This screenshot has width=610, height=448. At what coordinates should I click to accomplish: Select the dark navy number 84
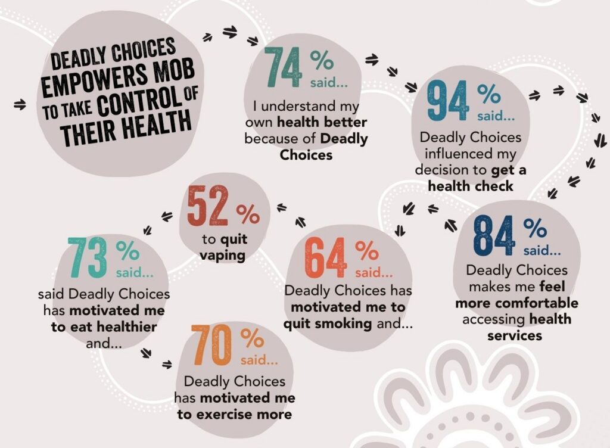[x=494, y=235]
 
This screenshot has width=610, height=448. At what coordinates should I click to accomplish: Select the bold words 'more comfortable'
[x=516, y=303]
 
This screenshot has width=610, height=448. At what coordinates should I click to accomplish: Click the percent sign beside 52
[x=248, y=213]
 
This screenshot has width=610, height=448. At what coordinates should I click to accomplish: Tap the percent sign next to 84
[x=535, y=227]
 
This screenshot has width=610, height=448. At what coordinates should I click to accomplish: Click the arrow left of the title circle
[x=20, y=105]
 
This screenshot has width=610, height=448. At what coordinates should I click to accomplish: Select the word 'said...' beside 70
[x=259, y=360]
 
